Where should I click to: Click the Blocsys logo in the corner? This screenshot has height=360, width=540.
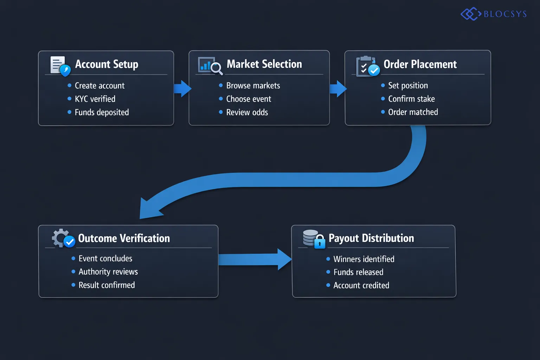pyautogui.click(x=494, y=14)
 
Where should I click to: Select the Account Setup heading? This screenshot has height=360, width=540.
pyautogui.click(x=107, y=64)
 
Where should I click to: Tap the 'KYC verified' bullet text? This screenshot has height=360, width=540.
pyautogui.click(x=95, y=99)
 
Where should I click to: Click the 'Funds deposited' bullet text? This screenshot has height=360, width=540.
pyautogui.click(x=102, y=112)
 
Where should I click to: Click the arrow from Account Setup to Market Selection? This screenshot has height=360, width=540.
pyautogui.click(x=182, y=88)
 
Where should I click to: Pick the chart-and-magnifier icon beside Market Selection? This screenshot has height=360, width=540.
pyautogui.click(x=210, y=66)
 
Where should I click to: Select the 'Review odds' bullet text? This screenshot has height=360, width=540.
pyautogui.click(x=247, y=112)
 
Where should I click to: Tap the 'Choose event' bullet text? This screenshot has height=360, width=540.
pyautogui.click(x=249, y=99)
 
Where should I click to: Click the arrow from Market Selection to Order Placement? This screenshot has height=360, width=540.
pyautogui.click(x=338, y=89)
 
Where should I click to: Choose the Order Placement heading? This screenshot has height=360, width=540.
pyautogui.click(x=420, y=64)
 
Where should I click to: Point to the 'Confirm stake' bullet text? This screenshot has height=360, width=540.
pyautogui.click(x=411, y=99)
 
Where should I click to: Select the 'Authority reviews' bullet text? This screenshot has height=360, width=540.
pyautogui.click(x=108, y=272)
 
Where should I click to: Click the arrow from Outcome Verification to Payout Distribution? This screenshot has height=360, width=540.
pyautogui.click(x=255, y=259)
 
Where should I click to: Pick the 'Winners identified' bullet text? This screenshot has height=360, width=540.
pyautogui.click(x=364, y=259)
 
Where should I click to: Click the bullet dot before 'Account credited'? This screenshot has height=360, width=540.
pyautogui.click(x=328, y=285)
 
